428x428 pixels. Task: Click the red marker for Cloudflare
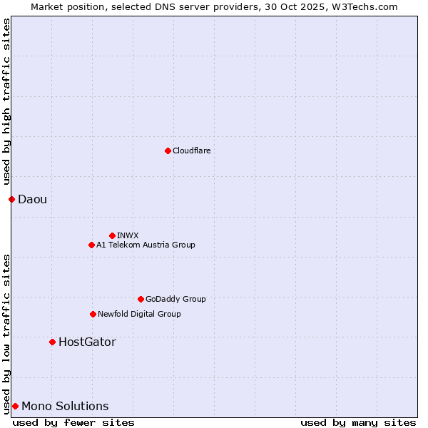click(x=168, y=151)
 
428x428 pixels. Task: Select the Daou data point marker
click(x=11, y=199)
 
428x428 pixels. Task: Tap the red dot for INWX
click(x=112, y=235)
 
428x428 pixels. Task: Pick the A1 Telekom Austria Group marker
click(x=91, y=245)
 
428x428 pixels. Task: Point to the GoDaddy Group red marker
click(x=141, y=299)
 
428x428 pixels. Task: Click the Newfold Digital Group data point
click(x=93, y=314)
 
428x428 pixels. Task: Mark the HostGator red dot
click(x=52, y=342)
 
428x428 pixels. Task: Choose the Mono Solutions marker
click(x=15, y=406)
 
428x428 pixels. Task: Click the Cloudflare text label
click(x=192, y=151)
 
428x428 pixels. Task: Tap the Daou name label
click(x=33, y=199)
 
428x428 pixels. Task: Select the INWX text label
click(x=128, y=235)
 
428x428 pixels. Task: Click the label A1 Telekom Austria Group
click(x=146, y=245)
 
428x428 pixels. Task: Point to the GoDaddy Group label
click(x=175, y=299)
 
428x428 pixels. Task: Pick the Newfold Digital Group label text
click(x=139, y=314)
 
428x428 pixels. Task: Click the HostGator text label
click(x=87, y=342)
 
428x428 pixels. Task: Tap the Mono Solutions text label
click(x=65, y=406)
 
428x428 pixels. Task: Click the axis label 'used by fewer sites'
click(x=73, y=422)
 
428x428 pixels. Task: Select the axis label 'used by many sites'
click(x=358, y=422)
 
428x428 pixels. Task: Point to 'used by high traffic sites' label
click(x=6, y=102)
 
